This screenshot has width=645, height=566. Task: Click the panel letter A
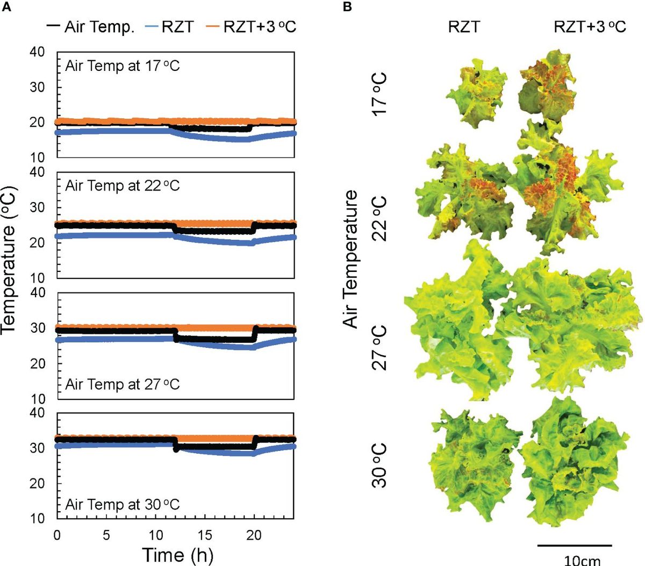(5, 6)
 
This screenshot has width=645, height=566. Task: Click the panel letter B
(348, 6)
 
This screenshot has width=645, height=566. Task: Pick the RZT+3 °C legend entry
(252, 27)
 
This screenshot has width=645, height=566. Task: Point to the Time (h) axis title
(177, 554)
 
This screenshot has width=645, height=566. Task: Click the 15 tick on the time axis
(205, 535)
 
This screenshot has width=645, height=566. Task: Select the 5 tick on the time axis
(106, 535)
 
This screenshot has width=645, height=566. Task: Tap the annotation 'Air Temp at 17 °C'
(123, 66)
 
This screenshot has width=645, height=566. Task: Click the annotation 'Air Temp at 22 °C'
(123, 186)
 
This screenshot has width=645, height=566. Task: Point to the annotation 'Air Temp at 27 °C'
(123, 384)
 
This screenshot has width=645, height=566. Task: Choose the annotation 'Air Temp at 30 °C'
(123, 505)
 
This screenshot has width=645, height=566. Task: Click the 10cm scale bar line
(575, 545)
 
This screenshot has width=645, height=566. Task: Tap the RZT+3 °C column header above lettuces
(590, 27)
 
